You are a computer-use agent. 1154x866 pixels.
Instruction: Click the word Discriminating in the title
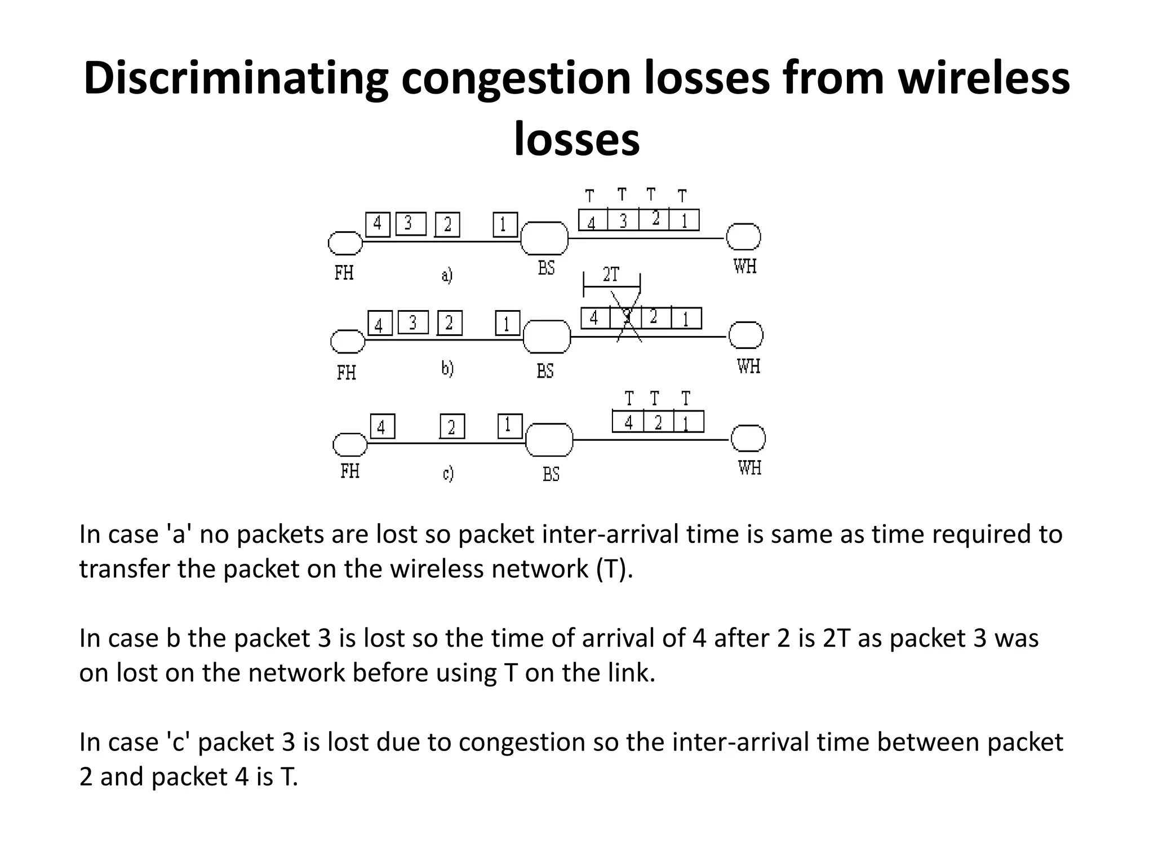tap(236, 79)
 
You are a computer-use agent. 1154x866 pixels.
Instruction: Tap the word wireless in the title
tap(983, 79)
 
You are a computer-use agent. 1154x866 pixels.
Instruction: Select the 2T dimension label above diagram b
tap(611, 275)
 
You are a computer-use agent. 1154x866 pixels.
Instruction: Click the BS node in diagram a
tap(544, 238)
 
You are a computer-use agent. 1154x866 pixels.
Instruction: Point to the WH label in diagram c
tap(749, 467)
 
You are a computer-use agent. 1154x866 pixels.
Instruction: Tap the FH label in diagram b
tap(346, 373)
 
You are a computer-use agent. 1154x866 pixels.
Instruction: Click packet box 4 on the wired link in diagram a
tap(378, 224)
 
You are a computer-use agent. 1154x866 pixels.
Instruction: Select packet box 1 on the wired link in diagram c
tap(510, 426)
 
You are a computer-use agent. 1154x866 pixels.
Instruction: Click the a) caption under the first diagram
tap(446, 276)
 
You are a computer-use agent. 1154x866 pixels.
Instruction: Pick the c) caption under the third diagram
tap(447, 474)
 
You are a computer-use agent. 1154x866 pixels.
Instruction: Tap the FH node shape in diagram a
tap(345, 243)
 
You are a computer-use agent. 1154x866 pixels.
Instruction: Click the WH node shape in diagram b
tap(745, 335)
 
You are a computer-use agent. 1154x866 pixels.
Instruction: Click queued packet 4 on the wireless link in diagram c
tap(628, 422)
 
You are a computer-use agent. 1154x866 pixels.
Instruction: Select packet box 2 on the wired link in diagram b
tap(449, 323)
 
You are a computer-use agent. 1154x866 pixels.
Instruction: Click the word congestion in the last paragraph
tap(521, 742)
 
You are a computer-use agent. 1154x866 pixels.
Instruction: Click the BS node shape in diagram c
tap(549, 440)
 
